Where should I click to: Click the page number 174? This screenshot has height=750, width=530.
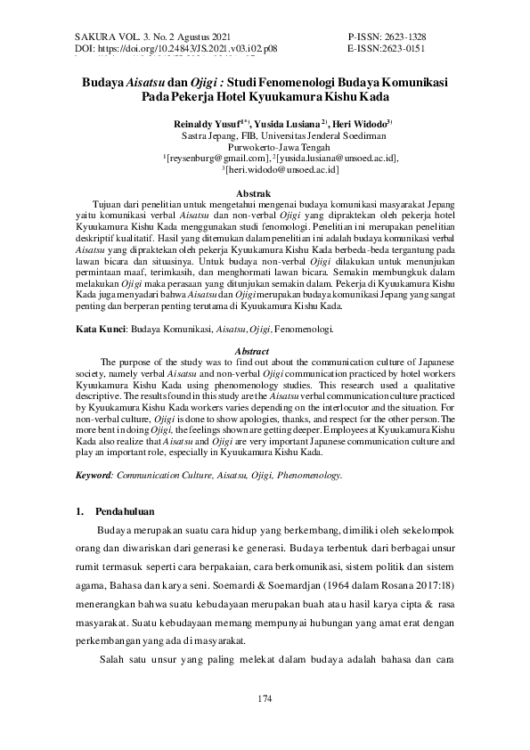tap(265, 697)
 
